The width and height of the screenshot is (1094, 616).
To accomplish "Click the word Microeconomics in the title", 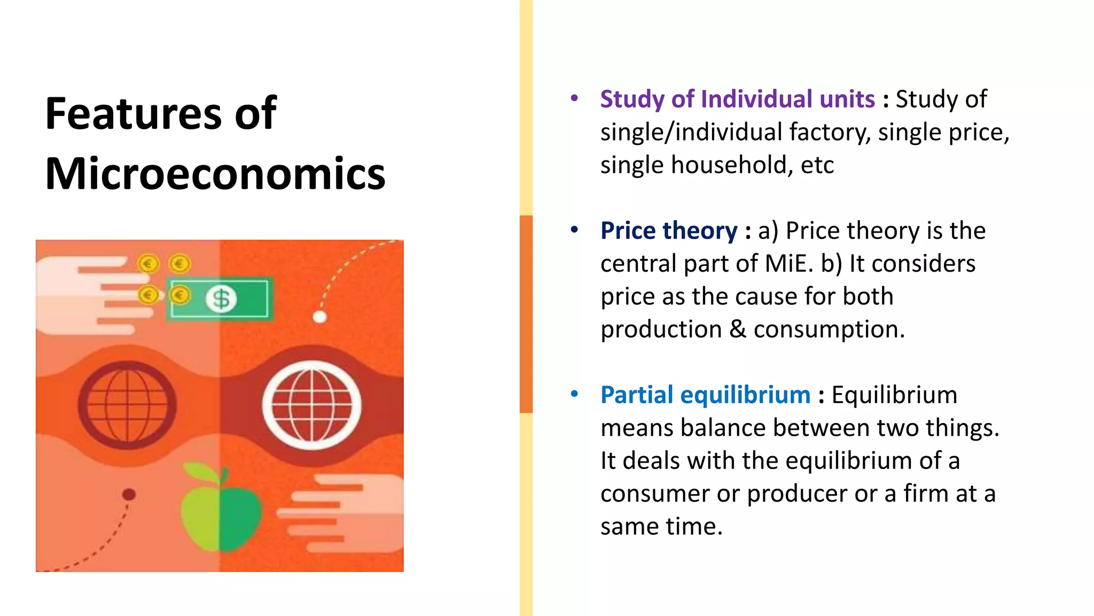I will pos(215,174).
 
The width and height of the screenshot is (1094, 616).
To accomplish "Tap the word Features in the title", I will pos(133,113).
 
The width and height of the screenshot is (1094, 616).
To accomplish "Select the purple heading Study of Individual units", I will pos(737,99).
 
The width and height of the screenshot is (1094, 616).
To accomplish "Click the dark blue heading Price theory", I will pos(669,231).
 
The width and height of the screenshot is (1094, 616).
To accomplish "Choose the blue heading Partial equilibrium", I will pos(705,395).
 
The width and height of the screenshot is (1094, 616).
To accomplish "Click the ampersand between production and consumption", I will pos(738,329).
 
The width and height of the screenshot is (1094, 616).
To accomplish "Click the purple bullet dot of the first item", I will pos(574,98).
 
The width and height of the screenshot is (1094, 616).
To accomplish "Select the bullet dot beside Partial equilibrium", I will pos(574,394).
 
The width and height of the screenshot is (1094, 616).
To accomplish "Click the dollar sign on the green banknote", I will pos(221,299).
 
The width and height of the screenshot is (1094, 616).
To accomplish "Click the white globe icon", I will pos(311,405).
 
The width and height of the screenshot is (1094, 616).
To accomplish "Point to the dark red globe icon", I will pos(127,405).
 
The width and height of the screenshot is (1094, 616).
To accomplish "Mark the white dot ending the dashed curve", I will pos(319,317).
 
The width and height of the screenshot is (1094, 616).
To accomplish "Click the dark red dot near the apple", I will pos(129,495).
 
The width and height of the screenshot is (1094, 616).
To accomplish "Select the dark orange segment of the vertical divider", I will pos(526,314).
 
